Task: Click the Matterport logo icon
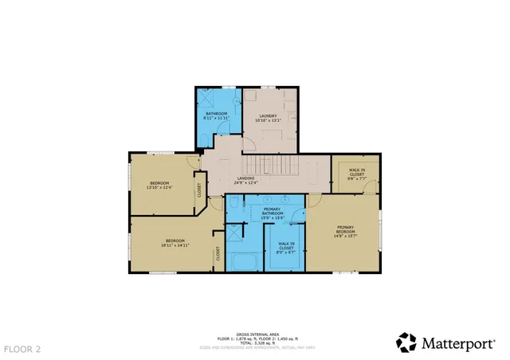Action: coord(406,342)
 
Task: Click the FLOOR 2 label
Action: coord(22,349)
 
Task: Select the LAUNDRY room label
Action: coord(268,115)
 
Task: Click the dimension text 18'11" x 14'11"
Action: coord(175,245)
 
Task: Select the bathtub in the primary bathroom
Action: coord(242,261)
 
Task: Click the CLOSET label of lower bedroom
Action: coord(217,254)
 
